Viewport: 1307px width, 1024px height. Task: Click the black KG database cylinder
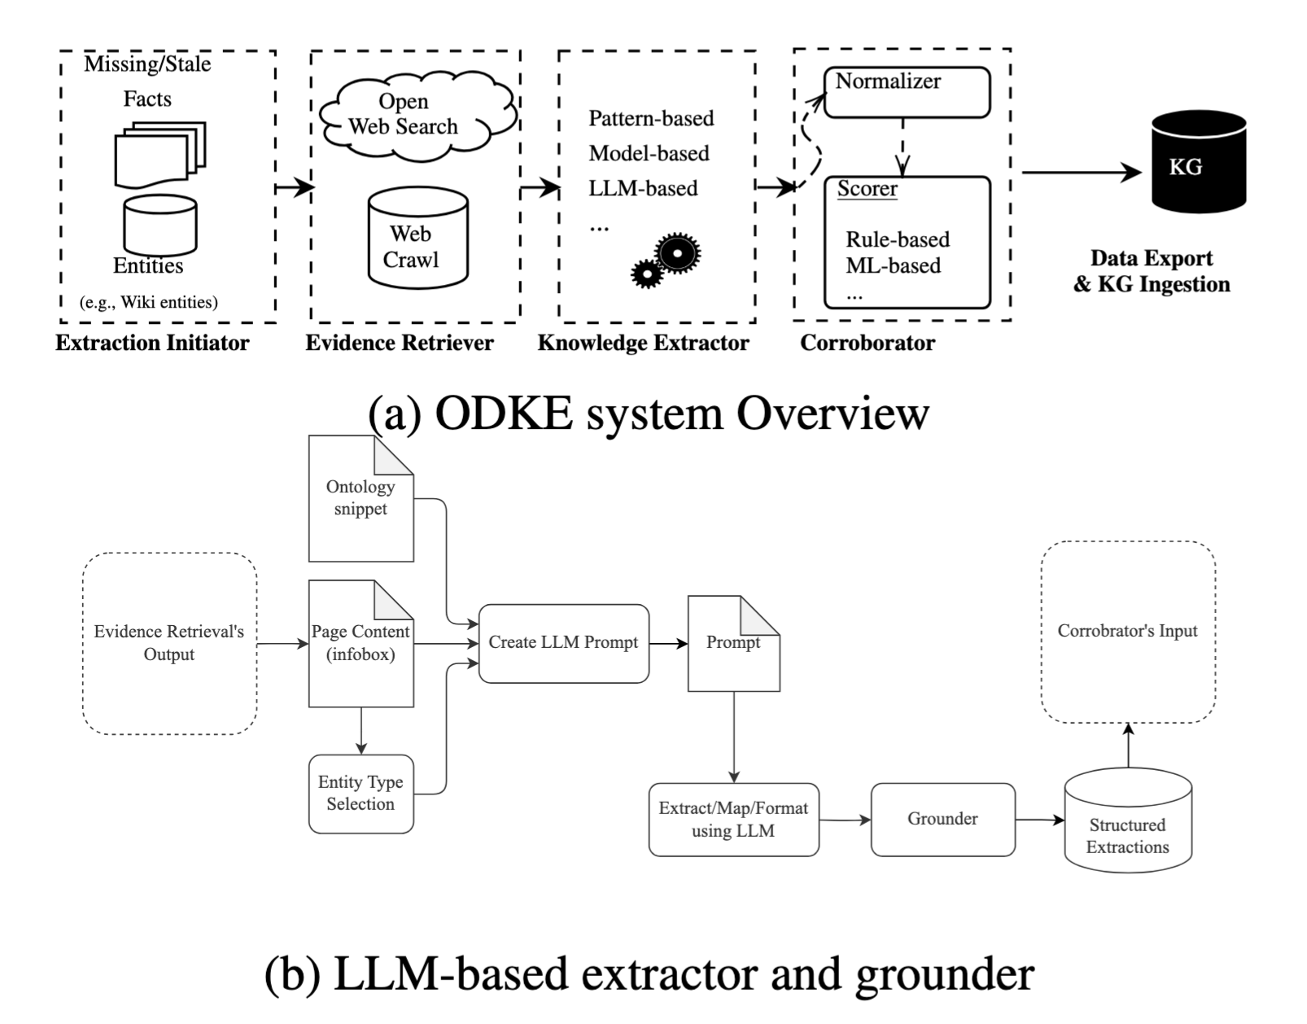click(x=1199, y=164)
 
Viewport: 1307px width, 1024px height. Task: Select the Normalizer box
click(x=907, y=92)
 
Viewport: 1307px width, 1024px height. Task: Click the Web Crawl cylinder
click(x=417, y=239)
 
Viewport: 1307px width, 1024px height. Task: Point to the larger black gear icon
click(x=676, y=253)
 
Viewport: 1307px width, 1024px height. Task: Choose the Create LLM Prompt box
click(x=563, y=643)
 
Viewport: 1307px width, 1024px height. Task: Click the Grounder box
click(x=942, y=819)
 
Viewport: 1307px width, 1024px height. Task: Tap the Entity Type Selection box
click(x=361, y=794)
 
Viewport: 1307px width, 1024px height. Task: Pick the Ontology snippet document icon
click(x=361, y=498)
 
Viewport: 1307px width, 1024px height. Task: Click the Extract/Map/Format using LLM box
click(x=733, y=820)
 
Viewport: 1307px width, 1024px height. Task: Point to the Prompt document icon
click(x=733, y=643)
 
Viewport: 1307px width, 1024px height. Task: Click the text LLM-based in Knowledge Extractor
click(x=643, y=189)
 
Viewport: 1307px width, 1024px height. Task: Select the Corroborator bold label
click(x=867, y=343)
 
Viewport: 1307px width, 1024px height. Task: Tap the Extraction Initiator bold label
click(x=152, y=343)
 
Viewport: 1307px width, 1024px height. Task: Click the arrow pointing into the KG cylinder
click(x=1082, y=173)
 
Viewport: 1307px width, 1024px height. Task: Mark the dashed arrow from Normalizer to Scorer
click(x=903, y=147)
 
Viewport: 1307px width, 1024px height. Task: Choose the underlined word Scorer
click(x=867, y=189)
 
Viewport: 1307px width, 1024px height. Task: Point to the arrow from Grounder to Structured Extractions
click(x=1039, y=820)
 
